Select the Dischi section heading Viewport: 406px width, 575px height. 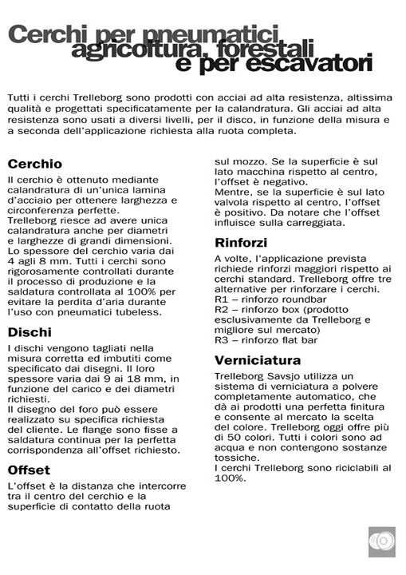(x=30, y=331)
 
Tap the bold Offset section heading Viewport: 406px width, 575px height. (x=30, y=470)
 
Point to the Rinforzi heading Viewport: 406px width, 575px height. (x=241, y=242)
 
